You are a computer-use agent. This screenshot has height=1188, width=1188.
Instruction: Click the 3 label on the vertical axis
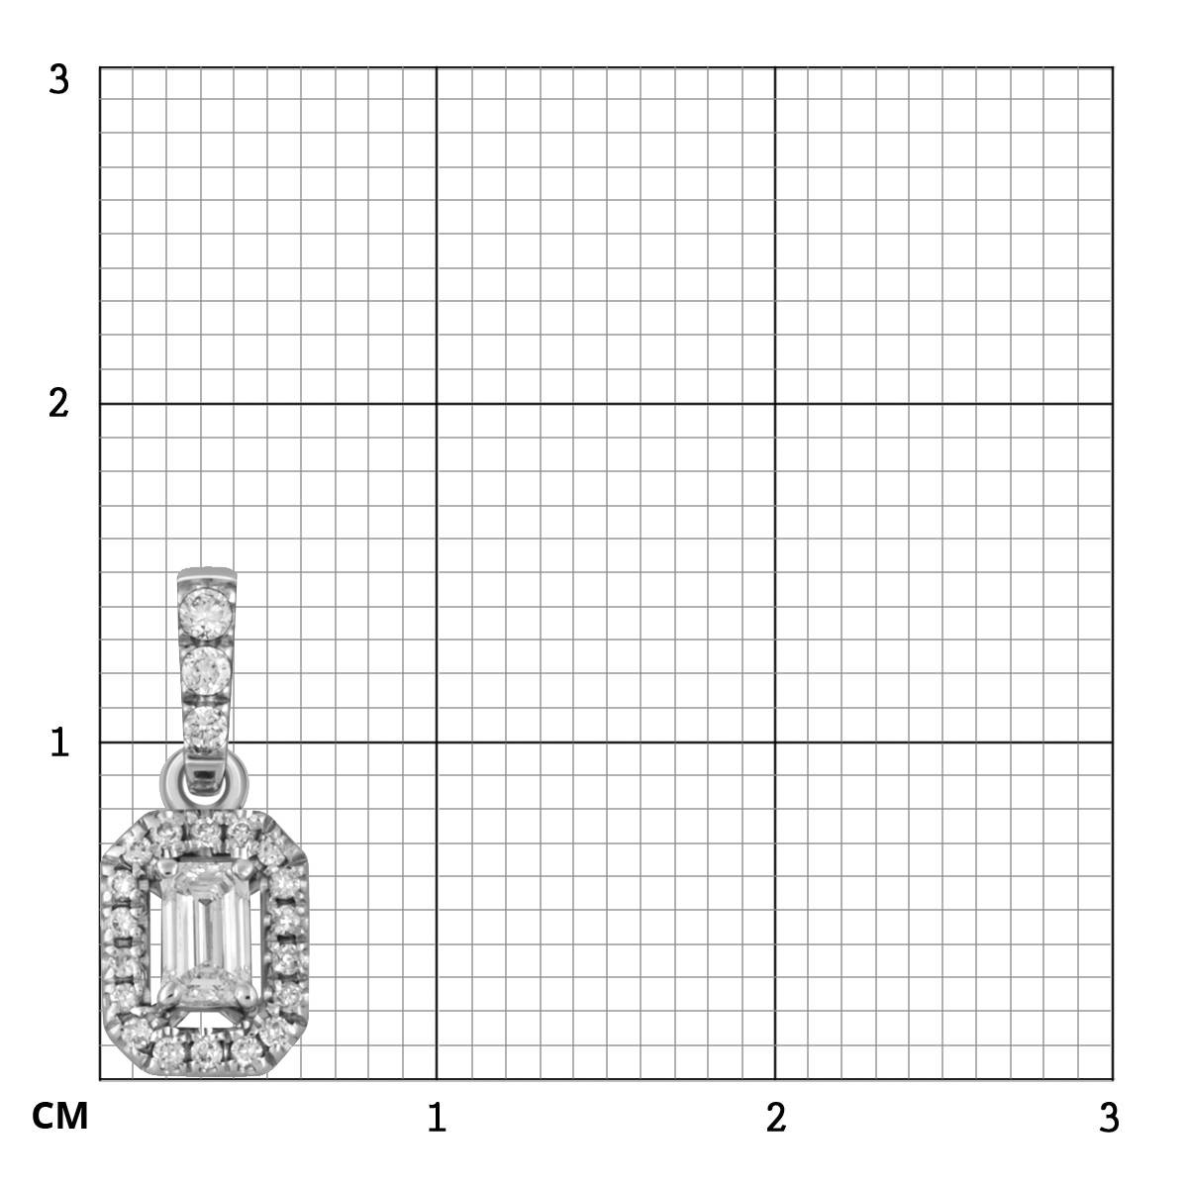click(59, 80)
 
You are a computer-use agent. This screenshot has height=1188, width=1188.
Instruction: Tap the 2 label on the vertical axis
click(58, 404)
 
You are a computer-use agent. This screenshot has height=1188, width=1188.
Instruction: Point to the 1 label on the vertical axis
click(59, 742)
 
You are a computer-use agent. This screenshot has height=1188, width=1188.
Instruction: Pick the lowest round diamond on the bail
click(205, 728)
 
